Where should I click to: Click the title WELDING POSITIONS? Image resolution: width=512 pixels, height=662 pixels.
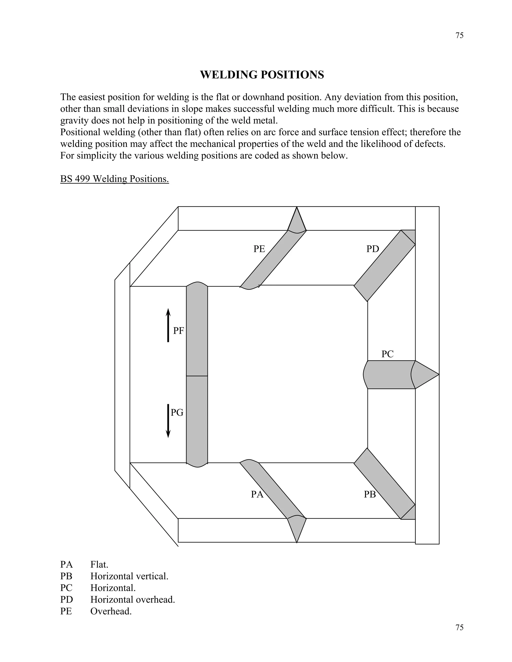click(262, 74)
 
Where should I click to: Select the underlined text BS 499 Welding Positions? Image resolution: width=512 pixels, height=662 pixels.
click(114, 179)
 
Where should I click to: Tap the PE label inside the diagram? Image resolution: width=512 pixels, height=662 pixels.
click(259, 249)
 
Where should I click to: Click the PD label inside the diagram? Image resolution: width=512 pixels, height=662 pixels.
click(372, 249)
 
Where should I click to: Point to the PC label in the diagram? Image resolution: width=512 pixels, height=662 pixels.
click(387, 354)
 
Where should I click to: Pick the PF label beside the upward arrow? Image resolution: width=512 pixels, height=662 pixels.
click(178, 331)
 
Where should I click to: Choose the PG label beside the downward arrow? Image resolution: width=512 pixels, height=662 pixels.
click(177, 412)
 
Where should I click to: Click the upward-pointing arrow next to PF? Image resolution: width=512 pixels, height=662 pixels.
click(168, 325)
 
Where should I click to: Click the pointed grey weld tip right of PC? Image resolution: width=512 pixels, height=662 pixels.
click(425, 375)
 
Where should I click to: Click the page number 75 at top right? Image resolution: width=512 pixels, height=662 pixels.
click(459, 35)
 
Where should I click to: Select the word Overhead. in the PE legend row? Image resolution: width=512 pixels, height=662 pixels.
click(111, 611)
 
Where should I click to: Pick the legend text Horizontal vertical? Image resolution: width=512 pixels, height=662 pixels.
click(129, 576)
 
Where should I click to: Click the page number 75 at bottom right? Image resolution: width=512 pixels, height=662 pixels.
click(459, 628)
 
